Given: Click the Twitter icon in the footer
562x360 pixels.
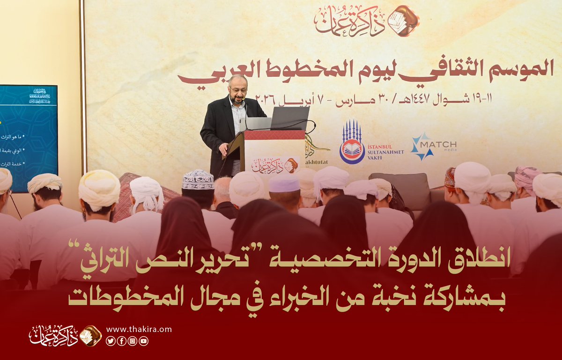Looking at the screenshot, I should pos(111,341).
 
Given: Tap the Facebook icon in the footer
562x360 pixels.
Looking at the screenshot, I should pos(121,341).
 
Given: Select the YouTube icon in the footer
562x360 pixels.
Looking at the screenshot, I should pos(143,341).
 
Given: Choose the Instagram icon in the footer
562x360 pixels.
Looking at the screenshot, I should pos(133,341).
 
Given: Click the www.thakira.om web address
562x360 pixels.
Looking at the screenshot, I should pos(139,330).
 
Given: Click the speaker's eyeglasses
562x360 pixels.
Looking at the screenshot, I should pos(238,89).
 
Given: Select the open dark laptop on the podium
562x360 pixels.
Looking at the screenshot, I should pos(290,118).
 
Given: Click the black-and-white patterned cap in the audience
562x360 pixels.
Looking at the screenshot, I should pos(198,179).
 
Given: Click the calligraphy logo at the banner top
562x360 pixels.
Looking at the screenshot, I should pos(366,20).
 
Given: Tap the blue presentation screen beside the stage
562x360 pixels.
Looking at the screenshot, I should pos(28,138).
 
